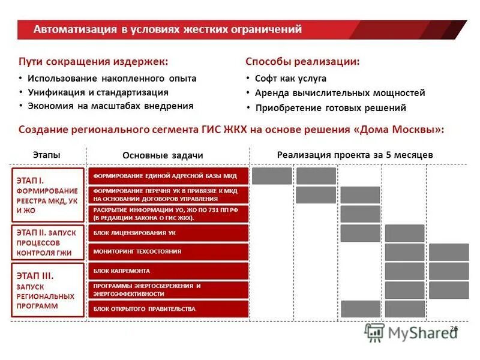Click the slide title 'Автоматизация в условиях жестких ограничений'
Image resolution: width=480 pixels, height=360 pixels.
pyautogui.click(x=167, y=29)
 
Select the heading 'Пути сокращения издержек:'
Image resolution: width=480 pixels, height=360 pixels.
pyautogui.click(x=93, y=61)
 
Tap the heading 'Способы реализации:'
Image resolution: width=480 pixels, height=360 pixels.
pyautogui.click(x=303, y=61)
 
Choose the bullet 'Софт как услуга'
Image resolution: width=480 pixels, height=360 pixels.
pyautogui.click(x=290, y=78)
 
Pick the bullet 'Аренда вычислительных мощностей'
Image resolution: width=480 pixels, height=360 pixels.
pyautogui.click(x=340, y=93)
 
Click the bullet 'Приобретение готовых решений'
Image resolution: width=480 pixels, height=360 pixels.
pyautogui.click(x=331, y=108)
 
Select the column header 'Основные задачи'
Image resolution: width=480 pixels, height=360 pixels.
pyautogui.click(x=163, y=155)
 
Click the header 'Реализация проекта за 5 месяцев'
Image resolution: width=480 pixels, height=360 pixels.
pyautogui.click(x=355, y=154)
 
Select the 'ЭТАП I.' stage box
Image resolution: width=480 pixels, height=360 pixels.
pyautogui.click(x=48, y=195)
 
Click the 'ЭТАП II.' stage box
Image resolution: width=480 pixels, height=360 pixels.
pyautogui.click(x=48, y=242)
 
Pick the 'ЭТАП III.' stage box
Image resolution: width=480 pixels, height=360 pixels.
pyautogui.click(x=48, y=290)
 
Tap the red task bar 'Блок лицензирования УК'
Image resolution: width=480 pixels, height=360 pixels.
pyautogui.click(x=168, y=233)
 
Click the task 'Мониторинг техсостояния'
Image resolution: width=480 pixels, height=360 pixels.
pyautogui.click(x=168, y=251)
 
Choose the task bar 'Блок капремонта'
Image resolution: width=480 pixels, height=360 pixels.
pyautogui.click(x=168, y=271)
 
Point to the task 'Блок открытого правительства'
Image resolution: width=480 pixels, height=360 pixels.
pyautogui.click(x=168, y=309)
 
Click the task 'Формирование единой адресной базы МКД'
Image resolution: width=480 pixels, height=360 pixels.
pyautogui.click(x=168, y=176)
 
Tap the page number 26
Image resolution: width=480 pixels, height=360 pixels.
pyautogui.click(x=454, y=328)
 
